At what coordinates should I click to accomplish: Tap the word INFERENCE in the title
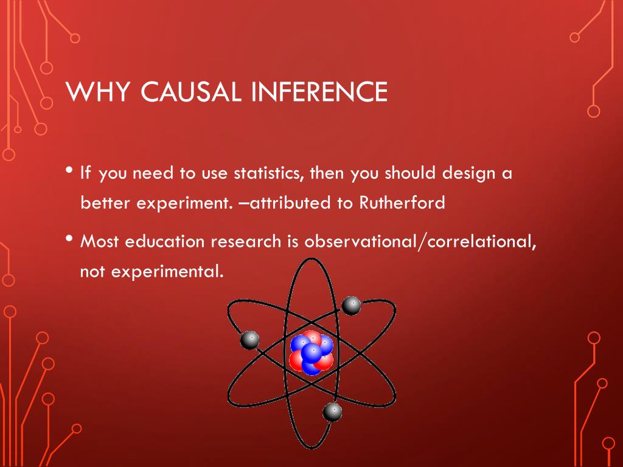pos(319,92)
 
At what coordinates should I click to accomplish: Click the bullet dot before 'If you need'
pos(71,170)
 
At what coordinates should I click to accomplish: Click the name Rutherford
pos(402,202)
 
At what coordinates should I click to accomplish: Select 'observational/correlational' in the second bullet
pos(420,241)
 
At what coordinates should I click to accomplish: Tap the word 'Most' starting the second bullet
pos(100,241)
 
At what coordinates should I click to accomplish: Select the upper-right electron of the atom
pos(351,305)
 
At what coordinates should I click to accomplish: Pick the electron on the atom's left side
pos(250,341)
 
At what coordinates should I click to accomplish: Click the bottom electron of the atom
pos(332,412)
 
